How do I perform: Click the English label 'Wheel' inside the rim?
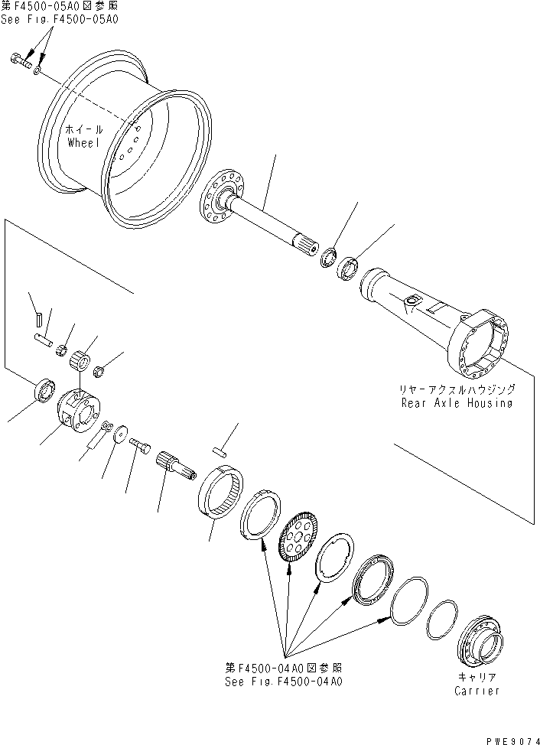coord(83,142)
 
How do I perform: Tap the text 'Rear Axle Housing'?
coord(457,402)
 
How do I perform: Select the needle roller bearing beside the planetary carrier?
coord(80,358)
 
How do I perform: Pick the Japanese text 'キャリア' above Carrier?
coord(476,677)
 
